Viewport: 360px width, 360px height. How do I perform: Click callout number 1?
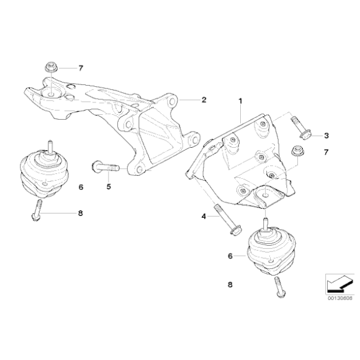[240, 101]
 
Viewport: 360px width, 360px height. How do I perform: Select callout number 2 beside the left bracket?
[204, 100]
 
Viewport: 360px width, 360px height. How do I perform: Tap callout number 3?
[326, 136]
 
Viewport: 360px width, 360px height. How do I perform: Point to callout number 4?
[204, 216]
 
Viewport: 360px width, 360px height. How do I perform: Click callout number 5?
[109, 187]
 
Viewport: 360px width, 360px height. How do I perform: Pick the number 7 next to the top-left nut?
[81, 68]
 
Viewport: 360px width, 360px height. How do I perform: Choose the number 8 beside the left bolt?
[80, 214]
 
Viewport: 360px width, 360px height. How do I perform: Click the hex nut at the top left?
[50, 67]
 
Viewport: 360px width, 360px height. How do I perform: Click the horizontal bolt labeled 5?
[106, 167]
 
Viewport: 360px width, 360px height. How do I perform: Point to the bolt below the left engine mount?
[37, 210]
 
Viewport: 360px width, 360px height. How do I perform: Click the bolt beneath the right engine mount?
[280, 287]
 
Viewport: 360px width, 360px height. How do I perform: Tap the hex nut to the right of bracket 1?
[297, 151]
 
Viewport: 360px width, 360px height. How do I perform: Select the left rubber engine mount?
[44, 172]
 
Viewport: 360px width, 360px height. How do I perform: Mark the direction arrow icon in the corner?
[340, 284]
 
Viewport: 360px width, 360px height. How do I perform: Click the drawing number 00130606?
[340, 298]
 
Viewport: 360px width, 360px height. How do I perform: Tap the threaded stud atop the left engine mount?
[50, 146]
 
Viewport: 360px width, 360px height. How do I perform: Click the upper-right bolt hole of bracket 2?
[171, 101]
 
